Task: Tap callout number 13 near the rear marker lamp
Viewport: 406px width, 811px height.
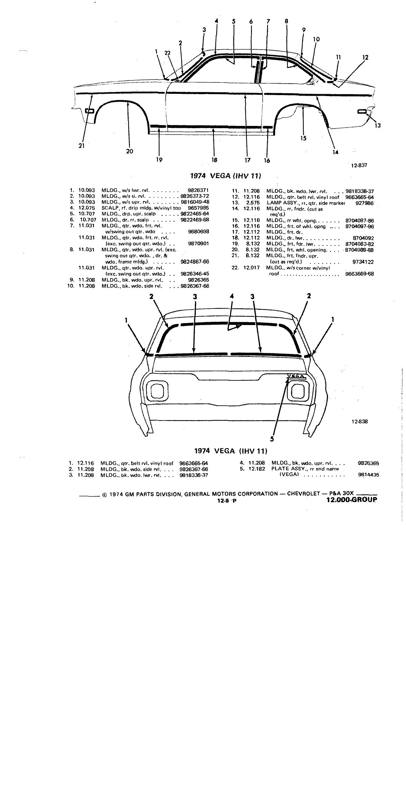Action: (377, 126)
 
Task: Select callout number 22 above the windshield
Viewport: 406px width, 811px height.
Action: (167, 53)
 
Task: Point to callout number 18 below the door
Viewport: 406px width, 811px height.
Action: (214, 160)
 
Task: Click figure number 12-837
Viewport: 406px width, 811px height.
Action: (359, 165)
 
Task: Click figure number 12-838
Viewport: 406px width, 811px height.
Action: (360, 421)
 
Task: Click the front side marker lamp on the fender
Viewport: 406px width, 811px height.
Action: (90, 111)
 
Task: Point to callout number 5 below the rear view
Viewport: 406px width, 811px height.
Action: (272, 439)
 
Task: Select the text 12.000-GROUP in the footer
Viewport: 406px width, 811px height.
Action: (352, 500)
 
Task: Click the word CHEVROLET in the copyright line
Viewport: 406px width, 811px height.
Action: (303, 494)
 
